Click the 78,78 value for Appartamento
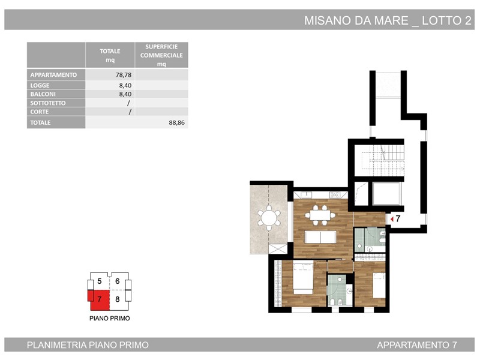click(124, 74)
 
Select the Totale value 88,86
click(176, 123)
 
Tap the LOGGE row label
click(40, 85)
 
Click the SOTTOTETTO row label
click(48, 103)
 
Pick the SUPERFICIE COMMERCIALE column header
click(161, 55)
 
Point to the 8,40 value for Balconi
click(125, 94)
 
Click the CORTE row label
click(40, 112)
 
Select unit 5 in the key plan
click(99, 281)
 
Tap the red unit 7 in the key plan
click(99, 299)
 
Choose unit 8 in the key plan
click(117, 299)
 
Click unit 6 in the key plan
click(117, 281)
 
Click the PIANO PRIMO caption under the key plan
click(110, 319)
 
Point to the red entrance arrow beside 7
click(392, 219)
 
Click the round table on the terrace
click(269, 218)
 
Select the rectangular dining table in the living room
click(320, 215)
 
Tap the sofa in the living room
click(320, 237)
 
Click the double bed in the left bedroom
click(304, 278)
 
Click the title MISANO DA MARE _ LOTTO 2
click(388, 20)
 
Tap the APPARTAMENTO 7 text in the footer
click(417, 345)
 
